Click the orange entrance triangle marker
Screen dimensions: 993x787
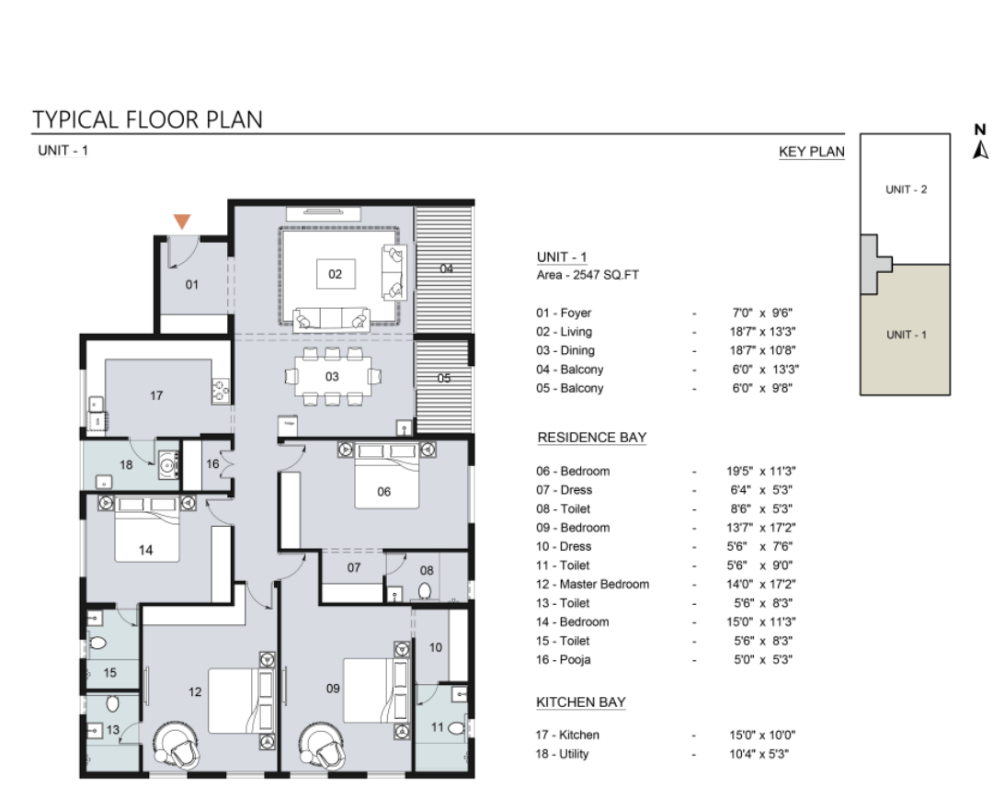pyautogui.click(x=182, y=222)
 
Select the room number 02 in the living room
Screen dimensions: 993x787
pyautogui.click(x=335, y=274)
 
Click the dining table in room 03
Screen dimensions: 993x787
pyautogui.click(x=332, y=376)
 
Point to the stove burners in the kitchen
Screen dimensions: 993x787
pyautogui.click(x=221, y=391)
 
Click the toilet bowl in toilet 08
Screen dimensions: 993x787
pyautogui.click(x=425, y=591)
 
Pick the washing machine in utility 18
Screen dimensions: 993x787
pyautogui.click(x=168, y=465)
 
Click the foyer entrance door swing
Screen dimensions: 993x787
pyautogui.click(x=184, y=252)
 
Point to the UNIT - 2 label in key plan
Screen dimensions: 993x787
pyautogui.click(x=906, y=189)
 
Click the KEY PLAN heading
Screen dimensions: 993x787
pyautogui.click(x=812, y=152)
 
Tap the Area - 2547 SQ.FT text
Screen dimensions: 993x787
pyautogui.click(x=588, y=275)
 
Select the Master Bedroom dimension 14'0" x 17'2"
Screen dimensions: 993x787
pyautogui.click(x=761, y=584)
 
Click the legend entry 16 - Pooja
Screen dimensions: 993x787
pyautogui.click(x=563, y=660)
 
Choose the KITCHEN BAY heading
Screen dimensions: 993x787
pyautogui.click(x=581, y=702)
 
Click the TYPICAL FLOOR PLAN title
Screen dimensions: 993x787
pyautogui.click(x=147, y=120)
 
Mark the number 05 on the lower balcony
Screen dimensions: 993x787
pyautogui.click(x=444, y=378)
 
